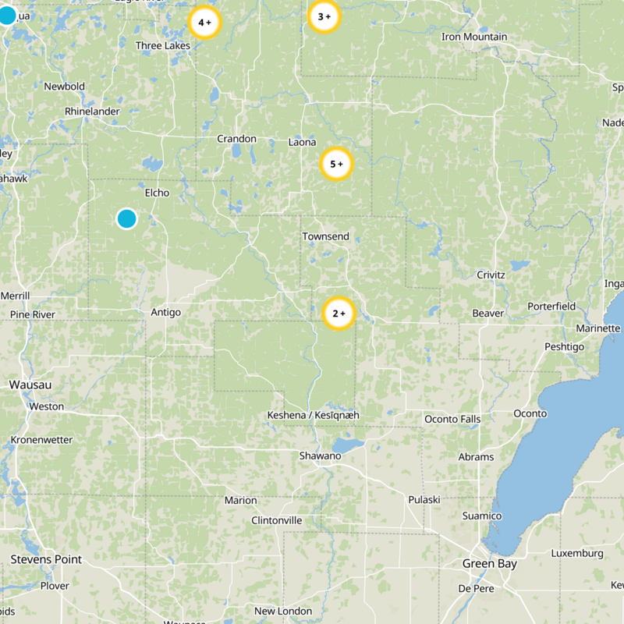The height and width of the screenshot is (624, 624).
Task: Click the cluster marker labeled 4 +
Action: click(x=205, y=23)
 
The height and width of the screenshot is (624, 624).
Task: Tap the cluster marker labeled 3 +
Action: click(x=324, y=16)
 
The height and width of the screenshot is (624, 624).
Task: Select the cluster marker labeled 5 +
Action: click(x=337, y=165)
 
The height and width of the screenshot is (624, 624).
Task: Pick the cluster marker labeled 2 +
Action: click(x=339, y=314)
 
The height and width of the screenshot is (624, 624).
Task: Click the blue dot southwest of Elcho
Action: click(x=126, y=218)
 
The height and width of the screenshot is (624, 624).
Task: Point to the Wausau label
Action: click(x=30, y=385)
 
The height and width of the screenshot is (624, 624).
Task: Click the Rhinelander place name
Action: click(x=92, y=112)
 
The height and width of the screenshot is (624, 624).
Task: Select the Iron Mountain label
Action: click(x=474, y=37)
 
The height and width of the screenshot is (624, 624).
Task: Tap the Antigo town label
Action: click(x=165, y=312)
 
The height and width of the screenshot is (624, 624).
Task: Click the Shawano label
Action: click(x=321, y=456)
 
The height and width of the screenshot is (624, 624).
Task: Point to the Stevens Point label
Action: click(x=46, y=559)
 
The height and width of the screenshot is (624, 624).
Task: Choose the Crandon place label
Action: click(x=236, y=139)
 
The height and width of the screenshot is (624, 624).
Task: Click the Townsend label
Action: click(x=326, y=236)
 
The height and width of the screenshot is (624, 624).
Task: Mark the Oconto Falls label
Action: click(x=452, y=419)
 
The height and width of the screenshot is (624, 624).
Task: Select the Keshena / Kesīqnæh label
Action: click(x=313, y=415)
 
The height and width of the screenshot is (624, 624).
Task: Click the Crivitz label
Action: click(x=491, y=275)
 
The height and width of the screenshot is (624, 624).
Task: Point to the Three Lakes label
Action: click(x=163, y=46)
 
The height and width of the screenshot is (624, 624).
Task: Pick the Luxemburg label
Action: click(x=577, y=553)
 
